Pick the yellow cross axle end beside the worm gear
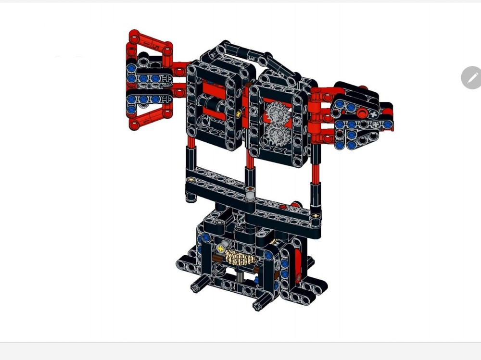[221, 248]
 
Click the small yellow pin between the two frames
[239, 113]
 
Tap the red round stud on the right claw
[362, 113]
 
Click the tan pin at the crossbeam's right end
[315, 216]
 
